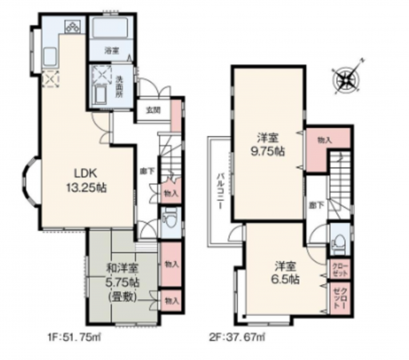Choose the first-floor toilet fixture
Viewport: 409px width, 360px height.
[x=169, y=218]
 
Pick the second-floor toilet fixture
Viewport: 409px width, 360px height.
[x=338, y=241]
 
